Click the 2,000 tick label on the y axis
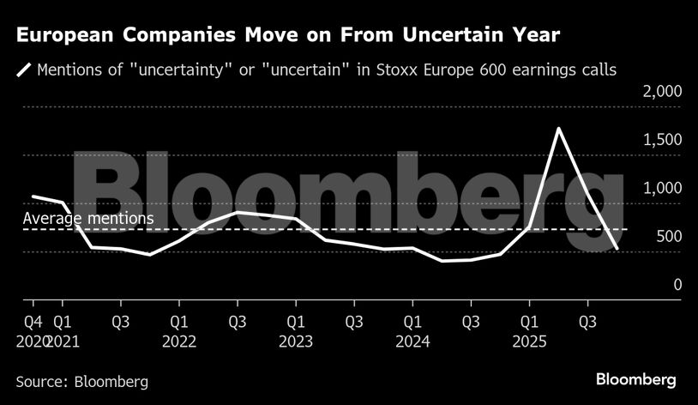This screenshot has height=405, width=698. (660, 91)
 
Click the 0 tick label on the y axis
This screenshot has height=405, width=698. (677, 284)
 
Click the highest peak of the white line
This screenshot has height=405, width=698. (558, 129)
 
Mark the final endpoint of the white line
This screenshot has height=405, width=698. (617, 248)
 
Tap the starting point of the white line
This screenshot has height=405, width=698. (33, 196)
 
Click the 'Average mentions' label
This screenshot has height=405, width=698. (88, 219)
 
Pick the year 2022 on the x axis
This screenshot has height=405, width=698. (178, 341)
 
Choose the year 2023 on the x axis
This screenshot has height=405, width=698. (295, 341)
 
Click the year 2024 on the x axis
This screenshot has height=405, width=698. (412, 341)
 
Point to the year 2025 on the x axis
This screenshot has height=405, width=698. (529, 341)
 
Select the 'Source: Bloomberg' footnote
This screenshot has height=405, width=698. (81, 381)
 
